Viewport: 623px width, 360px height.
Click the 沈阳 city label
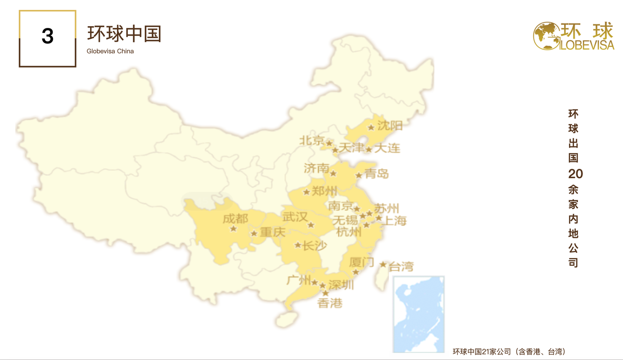[390, 125]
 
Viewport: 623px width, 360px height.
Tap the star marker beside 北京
[329, 143]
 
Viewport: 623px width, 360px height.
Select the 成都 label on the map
[235, 219]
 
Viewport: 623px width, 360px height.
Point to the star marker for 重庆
[254, 234]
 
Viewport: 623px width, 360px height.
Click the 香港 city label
[330, 303]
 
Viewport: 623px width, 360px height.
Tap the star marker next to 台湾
[383, 264]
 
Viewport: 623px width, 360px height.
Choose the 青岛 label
[377, 174]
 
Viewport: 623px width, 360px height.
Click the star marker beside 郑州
[307, 192]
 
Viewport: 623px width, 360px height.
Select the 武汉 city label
[295, 217]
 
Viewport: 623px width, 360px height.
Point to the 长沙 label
[314, 246]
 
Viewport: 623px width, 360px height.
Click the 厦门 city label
[361, 262]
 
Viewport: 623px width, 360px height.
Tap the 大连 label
[387, 148]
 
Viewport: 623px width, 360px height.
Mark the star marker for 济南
[333, 173]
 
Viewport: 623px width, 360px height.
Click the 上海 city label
[394, 220]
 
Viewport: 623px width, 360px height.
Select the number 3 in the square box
[47, 36]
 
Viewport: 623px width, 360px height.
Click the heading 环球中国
[124, 34]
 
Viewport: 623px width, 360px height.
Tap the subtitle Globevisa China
[110, 51]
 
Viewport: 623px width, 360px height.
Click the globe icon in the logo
[546, 36]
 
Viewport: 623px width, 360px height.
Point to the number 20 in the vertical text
[575, 174]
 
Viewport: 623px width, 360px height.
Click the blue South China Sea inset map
[419, 314]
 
